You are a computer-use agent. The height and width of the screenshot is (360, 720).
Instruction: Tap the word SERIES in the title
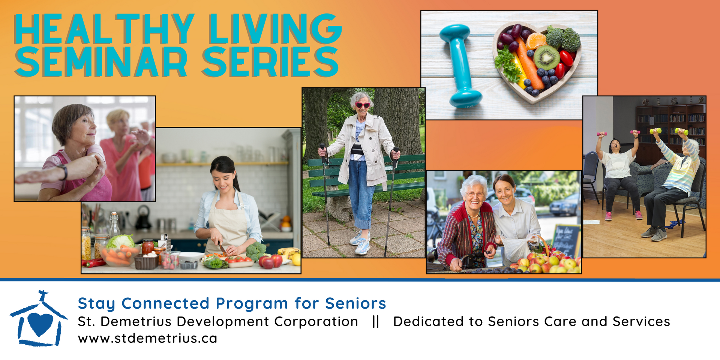point(270,62)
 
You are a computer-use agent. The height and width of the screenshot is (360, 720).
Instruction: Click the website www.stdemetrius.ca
point(147,338)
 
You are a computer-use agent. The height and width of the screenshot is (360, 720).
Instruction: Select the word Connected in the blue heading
point(165,303)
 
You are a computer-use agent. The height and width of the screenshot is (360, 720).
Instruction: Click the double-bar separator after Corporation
point(376,321)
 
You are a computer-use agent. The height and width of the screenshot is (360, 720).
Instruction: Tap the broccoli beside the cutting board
point(256,251)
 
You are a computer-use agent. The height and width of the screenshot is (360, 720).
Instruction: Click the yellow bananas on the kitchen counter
point(290,254)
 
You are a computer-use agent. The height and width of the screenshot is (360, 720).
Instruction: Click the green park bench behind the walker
point(366,176)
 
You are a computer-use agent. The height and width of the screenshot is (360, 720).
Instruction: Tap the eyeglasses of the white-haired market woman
point(475,194)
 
